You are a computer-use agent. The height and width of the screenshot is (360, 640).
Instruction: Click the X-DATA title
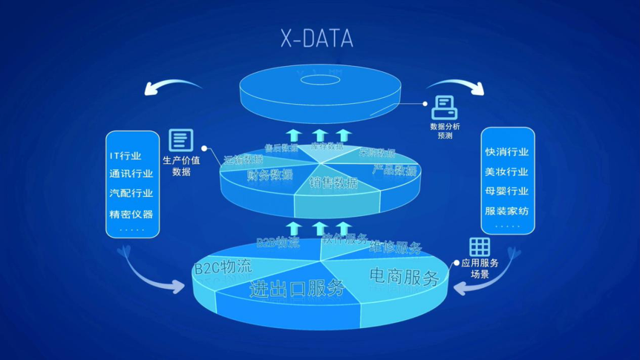pos(316,39)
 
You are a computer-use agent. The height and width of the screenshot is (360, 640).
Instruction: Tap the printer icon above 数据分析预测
pos(445,108)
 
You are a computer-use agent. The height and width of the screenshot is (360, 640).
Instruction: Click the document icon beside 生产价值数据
pos(181,140)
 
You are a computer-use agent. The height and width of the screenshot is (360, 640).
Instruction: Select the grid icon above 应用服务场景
pos(480,246)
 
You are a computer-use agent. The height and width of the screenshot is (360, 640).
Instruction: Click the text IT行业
pos(125,156)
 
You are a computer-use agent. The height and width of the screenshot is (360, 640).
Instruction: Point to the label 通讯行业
pos(131,174)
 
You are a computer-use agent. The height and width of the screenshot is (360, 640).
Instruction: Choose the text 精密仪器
pos(131,214)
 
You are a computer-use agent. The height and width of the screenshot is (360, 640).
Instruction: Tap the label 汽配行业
pos(131,193)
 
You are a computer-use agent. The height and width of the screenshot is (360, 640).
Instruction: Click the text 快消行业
pos(507,152)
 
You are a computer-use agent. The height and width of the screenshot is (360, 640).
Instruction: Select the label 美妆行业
pos(507,171)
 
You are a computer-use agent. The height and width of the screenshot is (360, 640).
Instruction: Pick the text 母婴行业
pos(507,191)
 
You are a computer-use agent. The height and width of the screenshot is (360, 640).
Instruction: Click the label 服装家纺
pos(507,211)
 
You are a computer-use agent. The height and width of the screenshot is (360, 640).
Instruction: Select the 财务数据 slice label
pos(270,175)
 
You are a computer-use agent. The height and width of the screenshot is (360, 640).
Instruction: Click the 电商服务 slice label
pos(404,277)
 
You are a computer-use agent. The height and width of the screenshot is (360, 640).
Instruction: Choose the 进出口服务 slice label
pos(297,288)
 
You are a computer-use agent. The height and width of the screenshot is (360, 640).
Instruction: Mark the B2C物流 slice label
pos(223,266)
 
